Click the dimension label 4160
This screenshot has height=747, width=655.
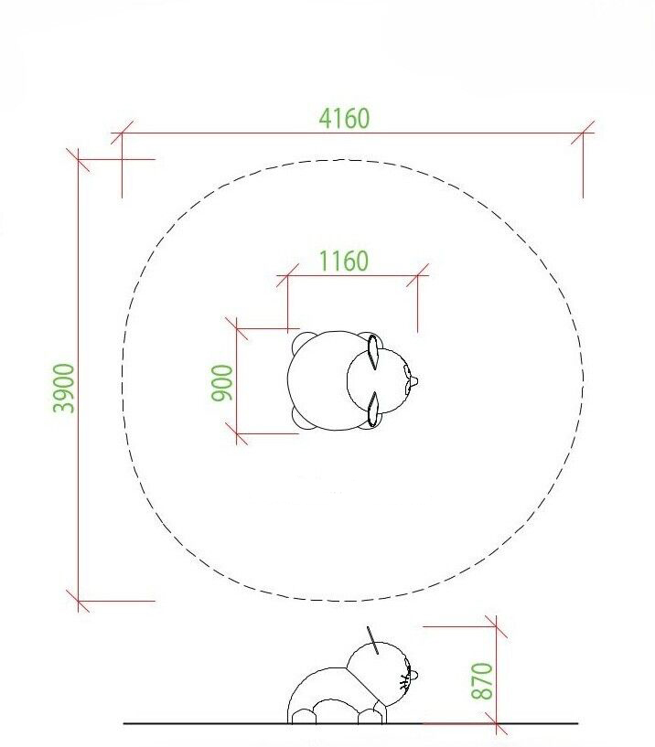click(344, 119)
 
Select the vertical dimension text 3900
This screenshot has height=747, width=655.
click(63, 388)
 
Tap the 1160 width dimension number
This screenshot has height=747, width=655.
click(343, 261)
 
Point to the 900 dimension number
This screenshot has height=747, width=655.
click(222, 382)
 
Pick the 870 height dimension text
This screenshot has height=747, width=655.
click(481, 681)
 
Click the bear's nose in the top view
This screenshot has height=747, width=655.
click(413, 381)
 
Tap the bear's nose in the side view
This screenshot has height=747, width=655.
click(413, 675)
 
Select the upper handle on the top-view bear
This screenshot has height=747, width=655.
click(373, 352)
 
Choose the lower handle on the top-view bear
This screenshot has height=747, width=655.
click(373, 409)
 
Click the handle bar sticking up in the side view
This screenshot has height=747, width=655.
click(373, 640)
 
